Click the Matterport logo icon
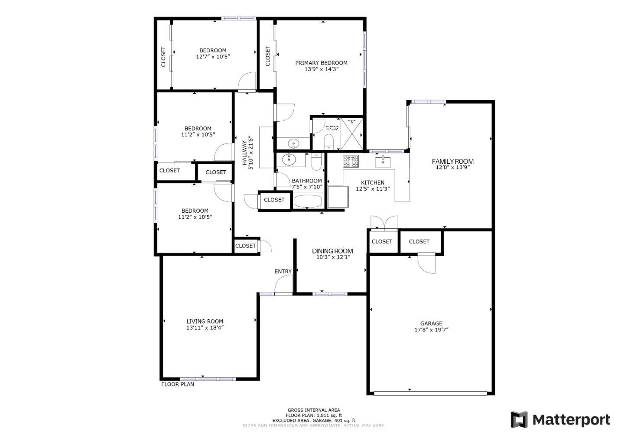519,420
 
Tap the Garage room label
431,323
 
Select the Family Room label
452,162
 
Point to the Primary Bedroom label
321,63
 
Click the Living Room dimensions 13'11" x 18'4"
205,328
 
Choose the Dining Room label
332,251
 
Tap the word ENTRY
283,271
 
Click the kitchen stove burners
351,162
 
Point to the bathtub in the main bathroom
308,201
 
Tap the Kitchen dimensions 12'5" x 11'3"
373,189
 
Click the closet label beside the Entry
246,246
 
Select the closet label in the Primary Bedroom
268,56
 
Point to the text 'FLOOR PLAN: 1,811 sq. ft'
314,415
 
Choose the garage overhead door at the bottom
430,393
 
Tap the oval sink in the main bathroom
288,159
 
